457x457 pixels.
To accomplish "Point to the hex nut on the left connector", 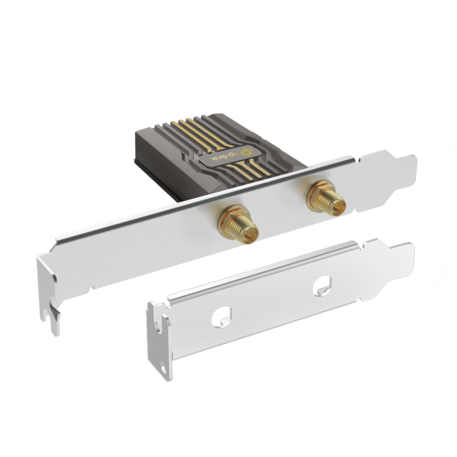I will [229, 217].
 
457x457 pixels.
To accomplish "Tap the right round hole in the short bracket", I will [321, 285].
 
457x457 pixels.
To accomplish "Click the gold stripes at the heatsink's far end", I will [195, 127].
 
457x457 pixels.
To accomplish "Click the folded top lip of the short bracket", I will [261, 274].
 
